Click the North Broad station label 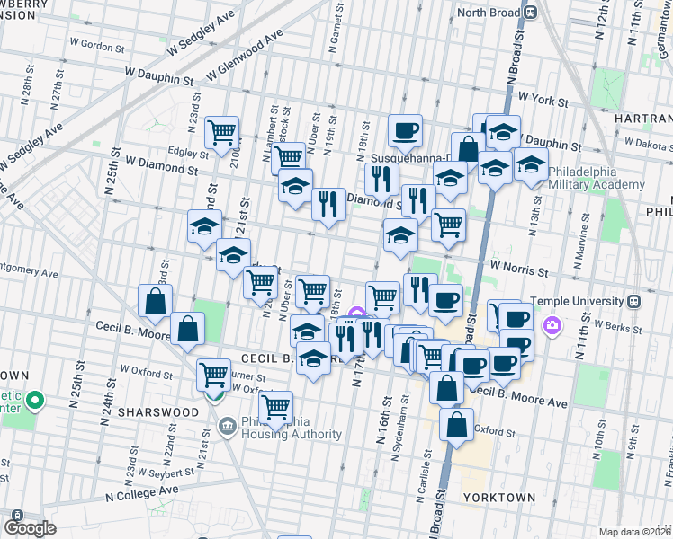point(489,12)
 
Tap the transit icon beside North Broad point(531,12)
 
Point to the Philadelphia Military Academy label point(596,177)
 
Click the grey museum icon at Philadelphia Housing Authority point(227,424)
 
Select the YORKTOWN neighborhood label point(499,497)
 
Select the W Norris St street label point(518,269)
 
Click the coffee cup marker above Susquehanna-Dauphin point(405,131)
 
